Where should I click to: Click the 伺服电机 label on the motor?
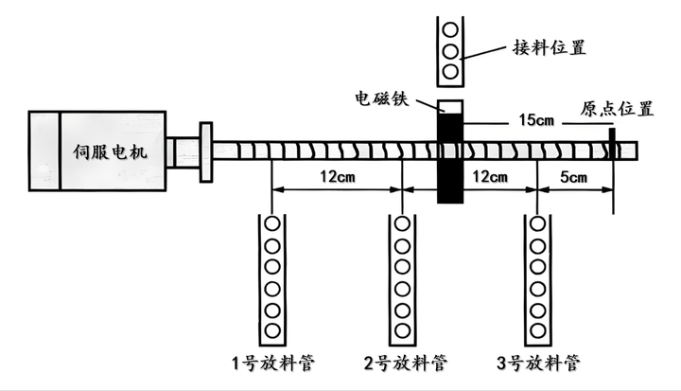point(111,151)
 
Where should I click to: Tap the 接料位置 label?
point(550,47)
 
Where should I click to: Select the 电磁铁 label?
point(382,98)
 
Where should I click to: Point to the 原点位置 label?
point(617,109)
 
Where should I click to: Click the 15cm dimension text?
point(536,119)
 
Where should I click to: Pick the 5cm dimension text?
point(573,177)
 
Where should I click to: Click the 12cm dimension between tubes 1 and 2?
point(338,177)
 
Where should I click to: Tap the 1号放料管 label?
point(272,363)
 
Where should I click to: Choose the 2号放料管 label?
point(406,363)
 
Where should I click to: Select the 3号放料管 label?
point(538,363)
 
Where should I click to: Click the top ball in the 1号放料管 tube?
point(272,224)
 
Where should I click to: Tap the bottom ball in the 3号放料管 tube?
point(537,331)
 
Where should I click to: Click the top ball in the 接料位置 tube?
point(450,30)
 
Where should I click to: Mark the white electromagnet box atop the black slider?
point(450,107)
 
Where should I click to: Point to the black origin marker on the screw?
point(612,144)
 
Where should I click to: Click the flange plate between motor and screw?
point(206,151)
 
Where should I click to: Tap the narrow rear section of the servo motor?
point(44,151)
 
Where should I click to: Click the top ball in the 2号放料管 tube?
point(402,224)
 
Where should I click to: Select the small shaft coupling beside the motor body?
point(183,151)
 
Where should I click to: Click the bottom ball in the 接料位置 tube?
point(450,71)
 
